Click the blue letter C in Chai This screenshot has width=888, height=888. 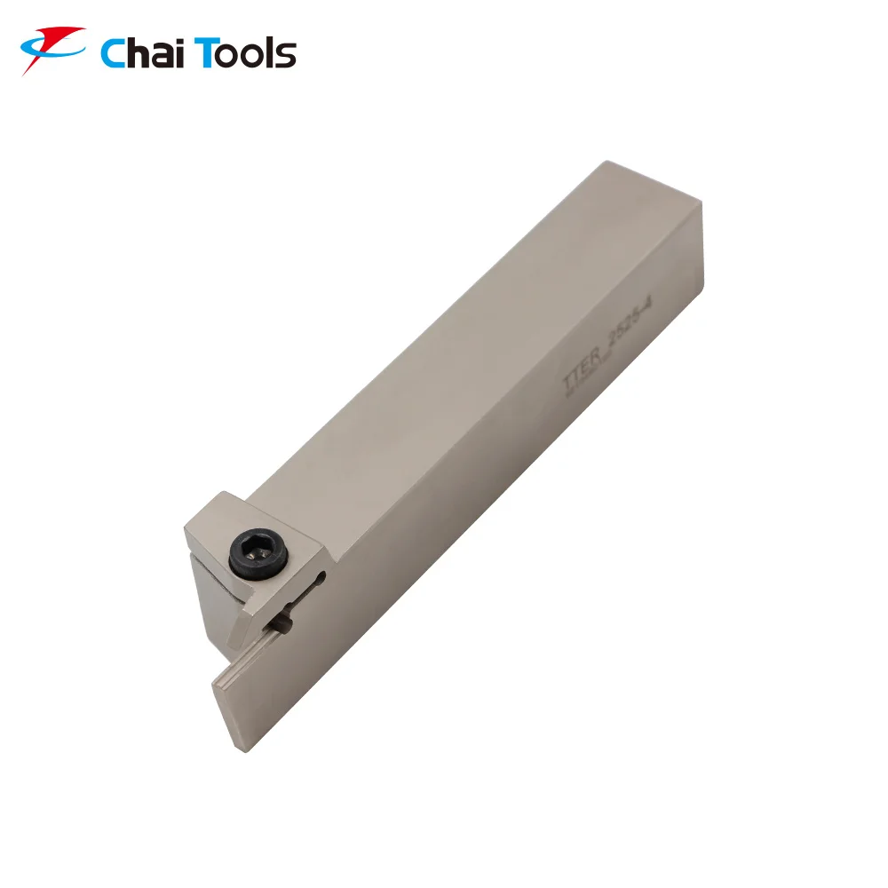(114, 53)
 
